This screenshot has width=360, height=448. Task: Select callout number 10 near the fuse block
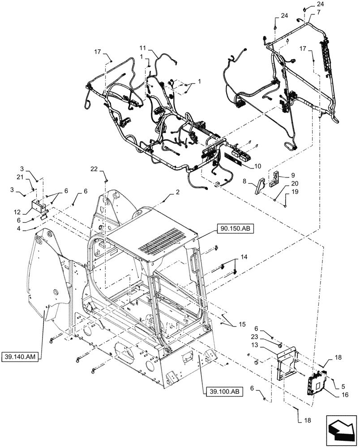[257, 166]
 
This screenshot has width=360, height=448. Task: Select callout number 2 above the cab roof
[177, 191]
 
